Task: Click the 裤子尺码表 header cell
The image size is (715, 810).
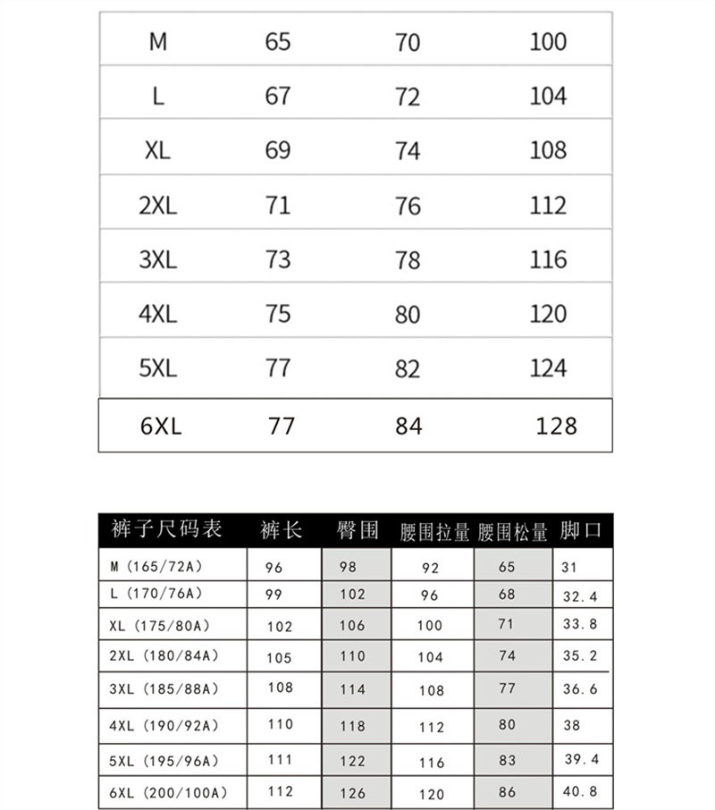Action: [x=166, y=529]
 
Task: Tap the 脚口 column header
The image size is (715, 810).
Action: [x=581, y=530]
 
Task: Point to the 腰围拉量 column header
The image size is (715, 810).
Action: [x=435, y=532]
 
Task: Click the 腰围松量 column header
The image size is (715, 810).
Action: [x=513, y=532]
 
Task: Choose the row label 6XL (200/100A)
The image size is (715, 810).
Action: [x=169, y=792]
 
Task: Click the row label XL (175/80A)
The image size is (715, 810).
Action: [x=161, y=624]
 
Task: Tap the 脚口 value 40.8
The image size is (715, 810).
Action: [x=580, y=791]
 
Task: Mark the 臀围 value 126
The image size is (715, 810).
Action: [x=352, y=792]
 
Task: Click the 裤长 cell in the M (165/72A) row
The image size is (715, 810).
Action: [x=273, y=568]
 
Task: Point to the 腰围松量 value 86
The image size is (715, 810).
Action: [x=507, y=791]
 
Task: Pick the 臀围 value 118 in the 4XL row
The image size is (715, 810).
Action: [x=352, y=724]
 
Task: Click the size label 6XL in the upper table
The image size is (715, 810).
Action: [x=161, y=426]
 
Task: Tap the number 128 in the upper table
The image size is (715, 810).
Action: [x=556, y=426]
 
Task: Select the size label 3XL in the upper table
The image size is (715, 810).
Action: [x=158, y=260]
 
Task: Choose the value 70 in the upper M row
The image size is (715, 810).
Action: [x=407, y=42]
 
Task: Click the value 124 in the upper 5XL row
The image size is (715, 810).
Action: [x=548, y=368]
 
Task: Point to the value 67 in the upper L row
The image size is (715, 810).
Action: [x=278, y=96]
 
